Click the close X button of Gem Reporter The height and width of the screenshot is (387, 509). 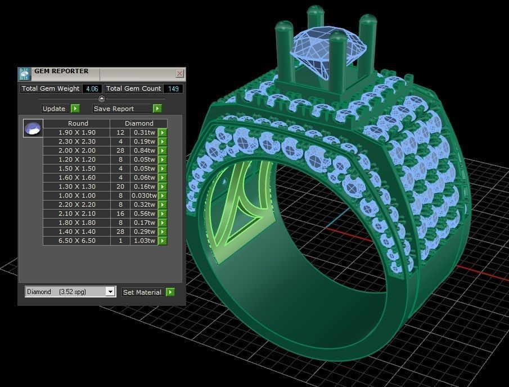click(x=179, y=74)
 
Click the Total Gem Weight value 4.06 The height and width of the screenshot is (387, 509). click(x=92, y=88)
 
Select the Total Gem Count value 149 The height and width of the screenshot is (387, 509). click(x=173, y=88)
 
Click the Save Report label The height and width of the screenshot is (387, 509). click(x=114, y=109)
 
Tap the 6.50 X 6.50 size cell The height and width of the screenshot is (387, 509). click(x=76, y=241)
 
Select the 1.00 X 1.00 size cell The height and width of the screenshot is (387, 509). click(x=76, y=195)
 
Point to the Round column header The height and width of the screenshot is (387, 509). click(x=78, y=123)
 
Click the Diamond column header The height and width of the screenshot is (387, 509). click(x=139, y=123)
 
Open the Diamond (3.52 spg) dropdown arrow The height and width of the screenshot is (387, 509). click(x=110, y=292)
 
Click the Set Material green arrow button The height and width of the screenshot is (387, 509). click(x=170, y=292)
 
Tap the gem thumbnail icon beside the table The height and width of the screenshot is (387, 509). click(x=33, y=128)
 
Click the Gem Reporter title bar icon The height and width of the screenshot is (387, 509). click(x=24, y=74)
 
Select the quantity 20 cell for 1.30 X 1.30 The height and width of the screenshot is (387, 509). click(x=120, y=186)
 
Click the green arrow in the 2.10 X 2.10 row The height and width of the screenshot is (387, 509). click(x=163, y=213)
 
